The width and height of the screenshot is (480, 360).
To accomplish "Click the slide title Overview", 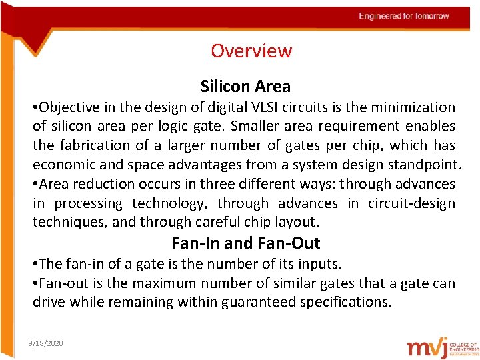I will (x=251, y=51).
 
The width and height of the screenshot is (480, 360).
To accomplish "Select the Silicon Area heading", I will (x=245, y=86).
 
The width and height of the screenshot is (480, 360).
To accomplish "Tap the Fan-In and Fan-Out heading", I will (x=245, y=243).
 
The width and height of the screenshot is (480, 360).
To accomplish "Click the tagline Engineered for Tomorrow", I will (x=404, y=16).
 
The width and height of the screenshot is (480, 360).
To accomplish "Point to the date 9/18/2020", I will (x=46, y=343).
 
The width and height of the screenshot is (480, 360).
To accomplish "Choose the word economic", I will (x=63, y=164).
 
